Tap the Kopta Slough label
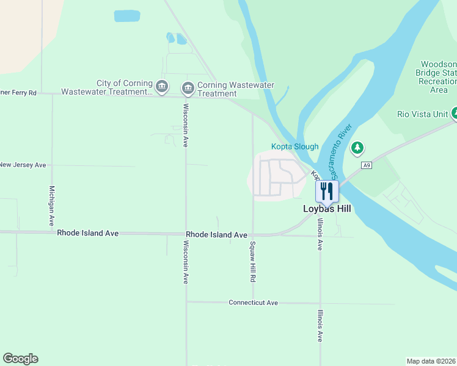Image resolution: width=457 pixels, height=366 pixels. tap(295, 146)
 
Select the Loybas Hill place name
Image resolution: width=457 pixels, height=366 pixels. tap(327, 208)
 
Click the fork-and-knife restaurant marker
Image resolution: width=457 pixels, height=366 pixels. tap(327, 191)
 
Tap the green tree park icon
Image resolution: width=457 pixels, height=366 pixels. tap(357, 148)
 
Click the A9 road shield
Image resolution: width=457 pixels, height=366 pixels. tap(366, 165)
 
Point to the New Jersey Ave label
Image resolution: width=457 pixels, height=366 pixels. tap(23, 165)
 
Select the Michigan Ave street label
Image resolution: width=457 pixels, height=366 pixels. tap(52, 206)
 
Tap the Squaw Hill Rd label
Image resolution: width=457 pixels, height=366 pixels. tap(252, 261)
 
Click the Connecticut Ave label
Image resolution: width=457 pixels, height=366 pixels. tap(253, 303)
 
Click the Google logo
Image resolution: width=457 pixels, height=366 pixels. tap(20, 359)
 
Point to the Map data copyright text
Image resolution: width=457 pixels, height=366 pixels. tap(431, 361)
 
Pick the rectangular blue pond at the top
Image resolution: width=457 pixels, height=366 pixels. tap(126, 16)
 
